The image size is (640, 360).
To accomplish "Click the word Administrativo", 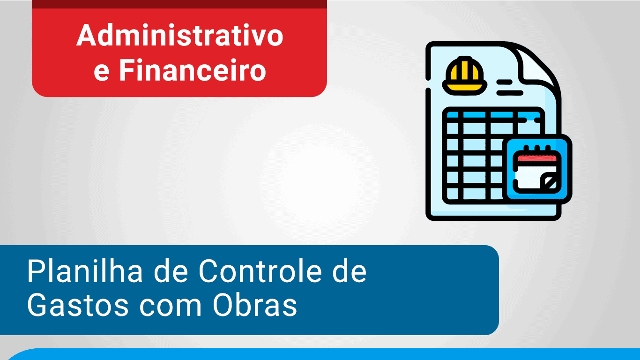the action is (180, 35).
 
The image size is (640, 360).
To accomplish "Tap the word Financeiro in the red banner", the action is (193, 70).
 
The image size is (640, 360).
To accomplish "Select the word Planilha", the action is (85, 271).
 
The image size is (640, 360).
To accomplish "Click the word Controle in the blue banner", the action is (260, 271).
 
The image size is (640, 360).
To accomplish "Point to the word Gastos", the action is (78, 305).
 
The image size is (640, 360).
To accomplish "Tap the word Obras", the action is (254, 305).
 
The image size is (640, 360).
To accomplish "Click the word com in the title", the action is (171, 308).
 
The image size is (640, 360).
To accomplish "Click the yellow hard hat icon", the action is (465, 76).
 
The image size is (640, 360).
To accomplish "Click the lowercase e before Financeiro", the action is (101, 73).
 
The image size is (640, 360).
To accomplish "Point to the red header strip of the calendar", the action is (537, 158).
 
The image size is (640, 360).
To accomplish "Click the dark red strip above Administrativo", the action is (179, 4).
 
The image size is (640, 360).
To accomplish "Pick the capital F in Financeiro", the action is (127, 70).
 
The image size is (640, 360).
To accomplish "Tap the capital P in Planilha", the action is (36, 271).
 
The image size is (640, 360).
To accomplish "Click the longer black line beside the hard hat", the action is (510, 93).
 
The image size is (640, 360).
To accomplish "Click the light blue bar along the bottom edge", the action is (323, 354).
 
